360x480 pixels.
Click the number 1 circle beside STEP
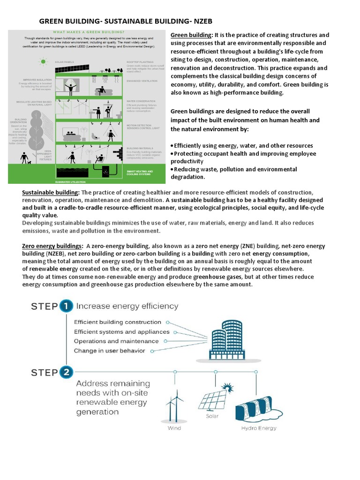(66, 306)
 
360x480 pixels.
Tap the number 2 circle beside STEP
(66, 373)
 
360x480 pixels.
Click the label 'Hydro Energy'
(259, 428)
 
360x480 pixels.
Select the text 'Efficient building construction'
(117, 322)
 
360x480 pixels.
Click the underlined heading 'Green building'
(191, 35)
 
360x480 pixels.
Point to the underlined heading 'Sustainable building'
(51, 193)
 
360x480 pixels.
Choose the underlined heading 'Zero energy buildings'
(52, 246)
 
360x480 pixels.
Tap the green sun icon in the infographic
(44, 61)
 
